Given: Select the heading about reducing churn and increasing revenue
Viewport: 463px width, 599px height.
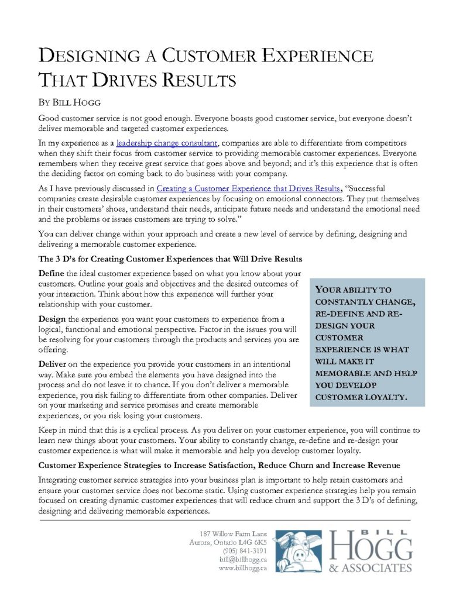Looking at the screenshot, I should click(219, 465).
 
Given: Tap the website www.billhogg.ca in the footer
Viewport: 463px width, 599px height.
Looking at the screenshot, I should click(242, 568).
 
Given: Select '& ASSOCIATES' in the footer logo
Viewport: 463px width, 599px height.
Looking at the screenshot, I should click(371, 568).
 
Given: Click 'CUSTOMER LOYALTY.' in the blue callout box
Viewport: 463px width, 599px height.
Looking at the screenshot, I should click(361, 397).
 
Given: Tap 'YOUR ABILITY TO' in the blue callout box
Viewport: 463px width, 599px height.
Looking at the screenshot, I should click(345, 290).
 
